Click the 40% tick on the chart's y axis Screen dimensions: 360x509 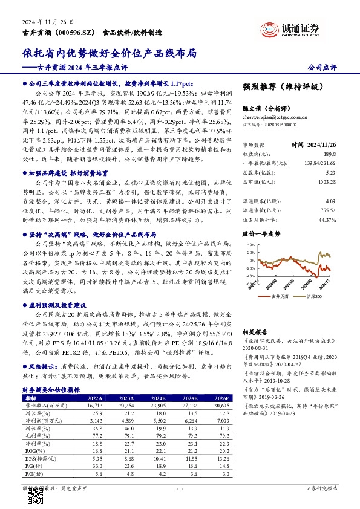[x=249, y=244]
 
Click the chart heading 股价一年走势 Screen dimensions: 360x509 [x=263, y=232]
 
